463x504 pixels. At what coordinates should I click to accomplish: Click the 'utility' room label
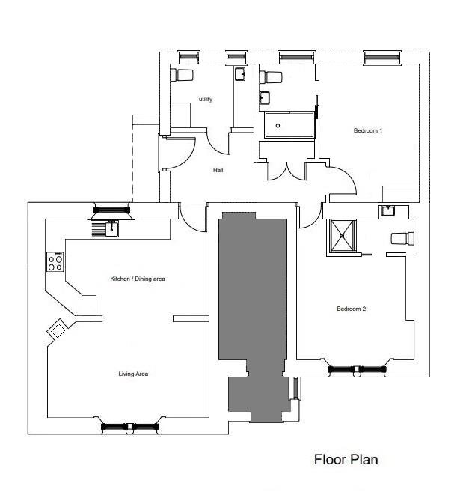206,99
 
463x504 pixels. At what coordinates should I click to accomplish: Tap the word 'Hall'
218,170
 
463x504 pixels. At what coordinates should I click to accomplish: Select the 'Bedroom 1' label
368,130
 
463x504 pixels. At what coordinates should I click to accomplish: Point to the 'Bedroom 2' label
352,309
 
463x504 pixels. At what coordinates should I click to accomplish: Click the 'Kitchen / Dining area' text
138,279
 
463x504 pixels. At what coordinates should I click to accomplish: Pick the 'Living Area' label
133,374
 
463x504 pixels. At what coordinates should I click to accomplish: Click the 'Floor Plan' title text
346,459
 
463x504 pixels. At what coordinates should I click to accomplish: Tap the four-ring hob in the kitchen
55,262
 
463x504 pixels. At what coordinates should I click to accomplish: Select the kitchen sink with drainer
105,229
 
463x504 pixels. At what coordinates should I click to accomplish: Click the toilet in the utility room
182,75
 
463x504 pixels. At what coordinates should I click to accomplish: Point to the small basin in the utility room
240,74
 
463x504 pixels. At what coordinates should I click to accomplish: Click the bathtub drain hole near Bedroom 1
278,126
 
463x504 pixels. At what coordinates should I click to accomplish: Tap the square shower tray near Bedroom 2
343,236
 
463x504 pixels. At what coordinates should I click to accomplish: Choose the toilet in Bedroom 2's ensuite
402,238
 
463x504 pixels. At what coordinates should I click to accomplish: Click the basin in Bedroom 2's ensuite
388,211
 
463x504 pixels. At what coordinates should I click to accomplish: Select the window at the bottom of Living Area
130,427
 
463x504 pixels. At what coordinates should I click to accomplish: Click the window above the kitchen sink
111,210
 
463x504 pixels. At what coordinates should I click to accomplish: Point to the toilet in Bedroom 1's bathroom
271,77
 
